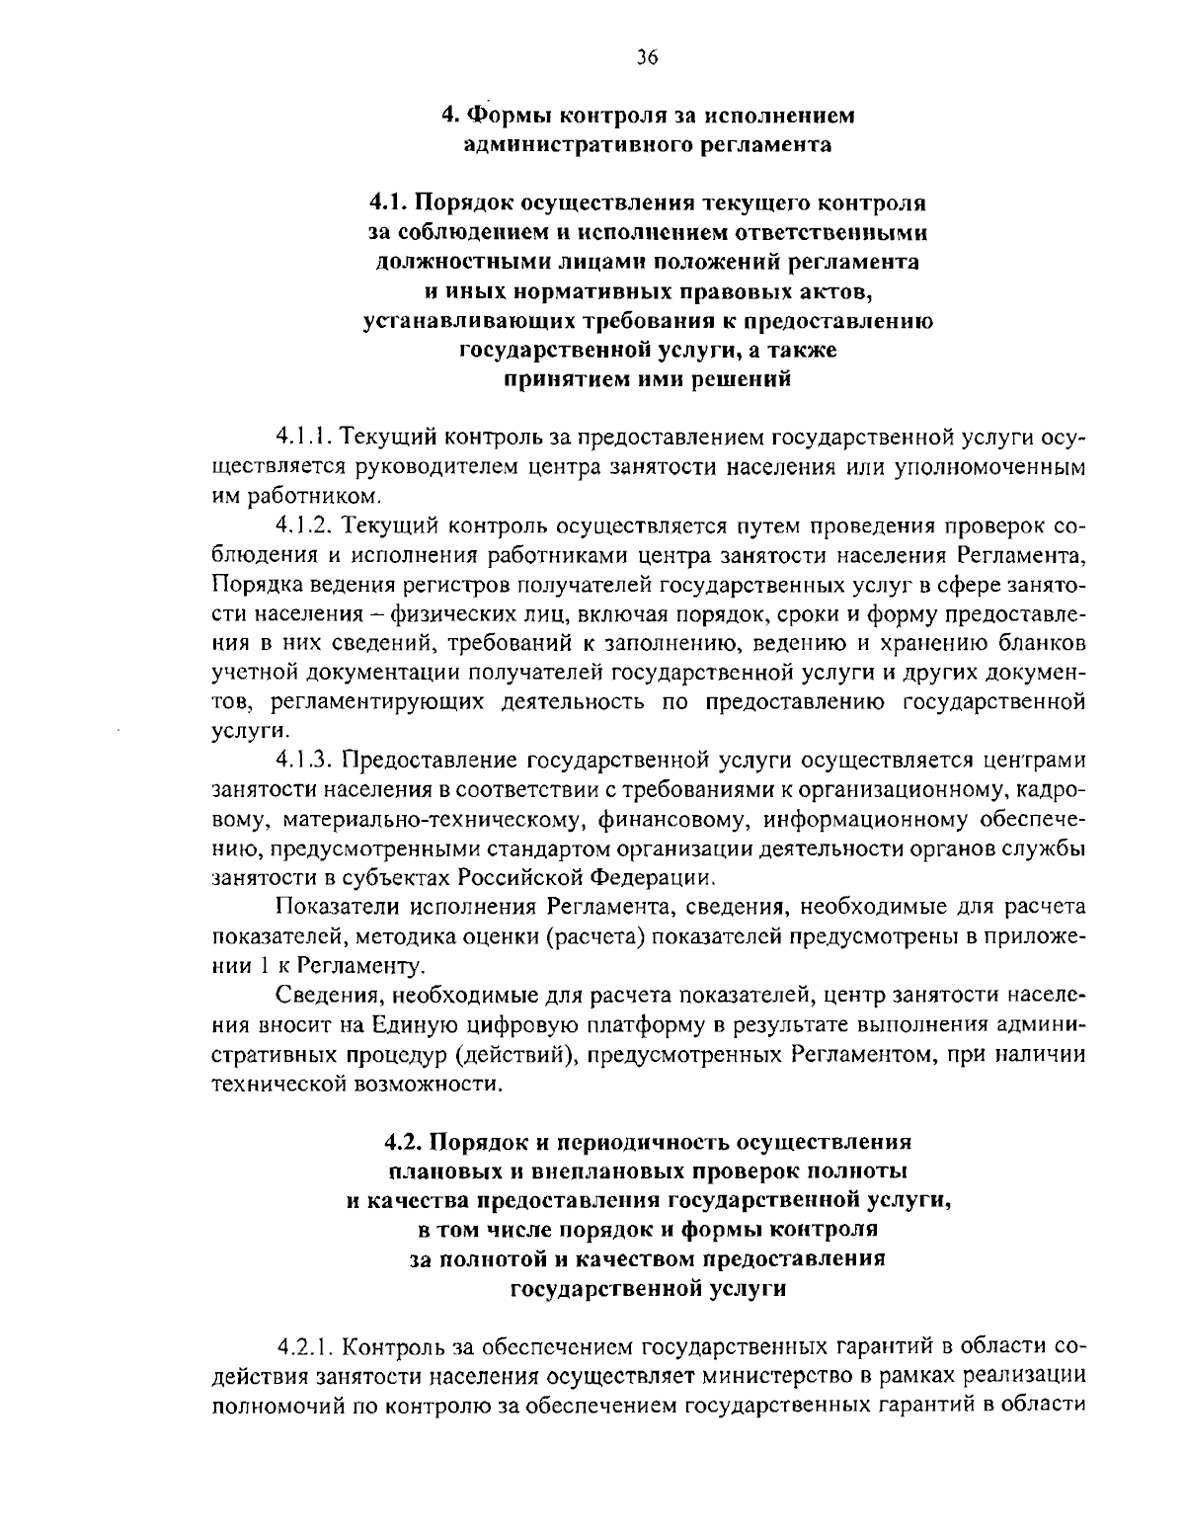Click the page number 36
click(x=647, y=57)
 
